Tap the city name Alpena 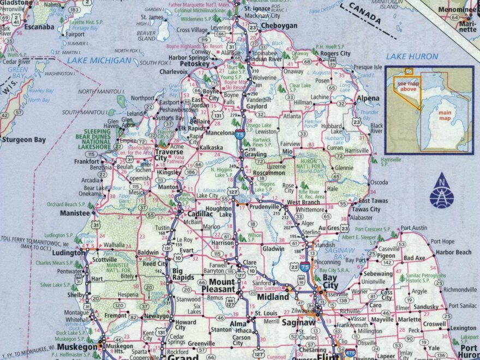coord(368,99)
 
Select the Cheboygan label coord(279,26)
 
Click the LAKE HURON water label coord(412,56)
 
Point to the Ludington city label coord(68,254)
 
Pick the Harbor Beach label coord(453,252)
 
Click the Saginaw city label coord(298,323)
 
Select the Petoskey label coord(195,64)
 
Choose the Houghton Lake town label coord(218,212)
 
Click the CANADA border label coord(365,17)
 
